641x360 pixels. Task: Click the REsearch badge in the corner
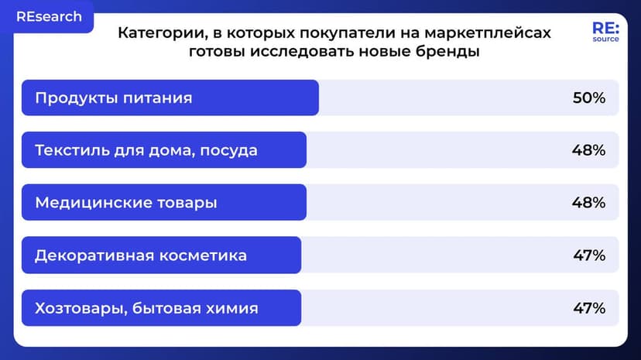[x=49, y=16]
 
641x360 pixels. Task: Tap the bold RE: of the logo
[x=605, y=27]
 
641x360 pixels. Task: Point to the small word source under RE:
[x=605, y=39]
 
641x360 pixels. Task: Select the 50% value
[x=588, y=98]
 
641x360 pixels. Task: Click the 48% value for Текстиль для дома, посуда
[x=588, y=150]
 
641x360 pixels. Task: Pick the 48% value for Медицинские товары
[x=588, y=203]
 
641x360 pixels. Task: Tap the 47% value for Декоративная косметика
[x=588, y=255]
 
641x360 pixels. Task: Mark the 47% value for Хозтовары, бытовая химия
[x=588, y=308]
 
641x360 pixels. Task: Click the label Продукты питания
[x=113, y=98]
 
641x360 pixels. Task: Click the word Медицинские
[x=84, y=203]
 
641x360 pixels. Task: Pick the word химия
[x=230, y=308]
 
